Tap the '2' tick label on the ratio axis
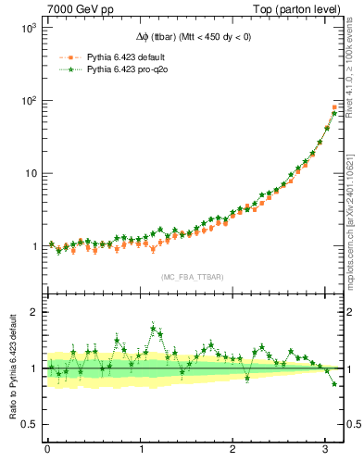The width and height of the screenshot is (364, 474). pos(32,313)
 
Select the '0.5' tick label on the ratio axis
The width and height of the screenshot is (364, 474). pos(28,424)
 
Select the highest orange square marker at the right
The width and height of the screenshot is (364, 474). pos(334,107)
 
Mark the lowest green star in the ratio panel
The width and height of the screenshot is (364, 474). pos(334,383)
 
